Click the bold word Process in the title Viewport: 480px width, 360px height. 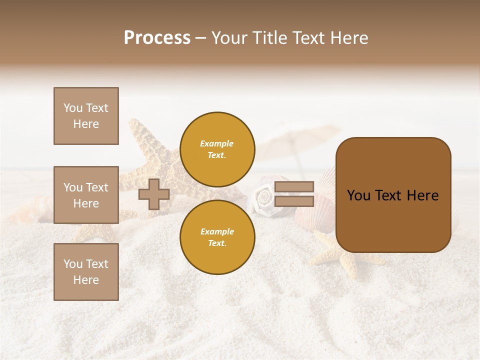click(157, 38)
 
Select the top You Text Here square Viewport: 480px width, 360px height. click(86, 116)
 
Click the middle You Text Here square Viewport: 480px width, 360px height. click(86, 195)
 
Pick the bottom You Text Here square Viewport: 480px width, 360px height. click(86, 272)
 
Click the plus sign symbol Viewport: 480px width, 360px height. click(154, 194)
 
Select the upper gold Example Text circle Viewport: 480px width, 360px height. click(217, 149)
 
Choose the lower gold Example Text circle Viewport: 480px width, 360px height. click(217, 237)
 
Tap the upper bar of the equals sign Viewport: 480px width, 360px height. click(294, 187)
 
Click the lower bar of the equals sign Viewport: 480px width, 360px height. click(294, 201)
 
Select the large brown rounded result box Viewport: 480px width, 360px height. click(393, 195)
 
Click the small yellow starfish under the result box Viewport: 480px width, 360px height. click(345, 260)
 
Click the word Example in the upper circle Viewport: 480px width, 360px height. click(217, 143)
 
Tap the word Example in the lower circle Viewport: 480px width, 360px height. click(217, 231)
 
